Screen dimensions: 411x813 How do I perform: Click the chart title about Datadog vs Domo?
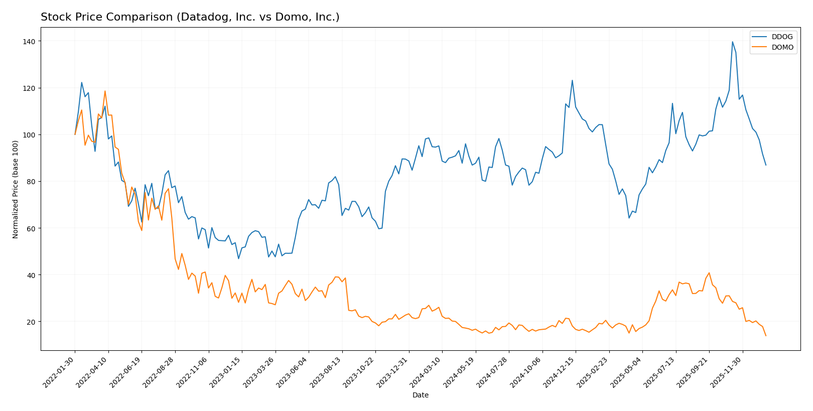coord(190,17)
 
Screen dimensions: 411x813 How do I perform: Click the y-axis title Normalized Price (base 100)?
coord(16,189)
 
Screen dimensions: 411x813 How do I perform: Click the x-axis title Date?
coord(420,395)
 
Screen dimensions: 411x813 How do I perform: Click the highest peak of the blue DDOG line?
coord(732,42)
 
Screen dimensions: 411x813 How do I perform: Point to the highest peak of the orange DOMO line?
coord(105,91)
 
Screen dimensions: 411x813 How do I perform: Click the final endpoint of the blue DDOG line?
coord(766,165)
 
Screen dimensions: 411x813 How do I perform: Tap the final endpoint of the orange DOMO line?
coord(766,336)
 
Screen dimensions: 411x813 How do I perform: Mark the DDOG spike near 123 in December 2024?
coord(572,80)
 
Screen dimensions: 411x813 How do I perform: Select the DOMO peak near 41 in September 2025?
coord(709,273)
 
